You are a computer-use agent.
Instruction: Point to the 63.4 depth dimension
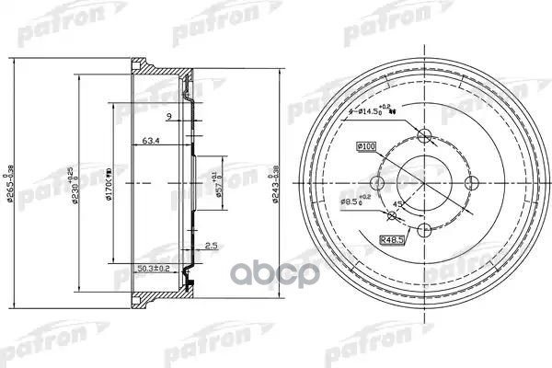(153, 142)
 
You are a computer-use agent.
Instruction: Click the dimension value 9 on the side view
(169, 116)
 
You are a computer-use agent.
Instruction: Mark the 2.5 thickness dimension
(212, 247)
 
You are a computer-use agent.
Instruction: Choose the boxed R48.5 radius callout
(394, 240)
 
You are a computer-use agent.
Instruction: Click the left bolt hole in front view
(377, 182)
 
